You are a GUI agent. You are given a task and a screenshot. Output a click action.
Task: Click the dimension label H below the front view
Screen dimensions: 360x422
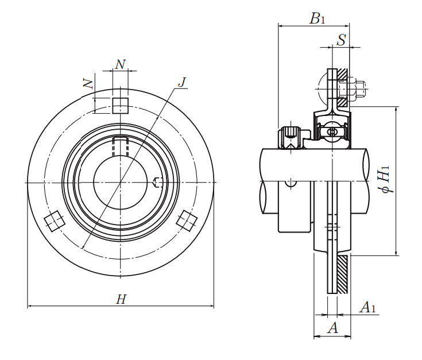pyautogui.click(x=121, y=299)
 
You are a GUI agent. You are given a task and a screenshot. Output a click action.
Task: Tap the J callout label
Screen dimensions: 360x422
pyautogui.click(x=182, y=82)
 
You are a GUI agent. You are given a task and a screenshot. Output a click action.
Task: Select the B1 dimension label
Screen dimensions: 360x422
pyautogui.click(x=318, y=18)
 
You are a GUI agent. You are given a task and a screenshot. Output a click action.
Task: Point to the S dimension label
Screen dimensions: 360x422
pyautogui.click(x=341, y=40)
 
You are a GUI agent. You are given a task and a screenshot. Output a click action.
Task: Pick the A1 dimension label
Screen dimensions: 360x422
pyautogui.click(x=367, y=308)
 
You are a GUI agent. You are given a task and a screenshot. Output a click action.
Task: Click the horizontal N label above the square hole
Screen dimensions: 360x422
pyautogui.click(x=120, y=64)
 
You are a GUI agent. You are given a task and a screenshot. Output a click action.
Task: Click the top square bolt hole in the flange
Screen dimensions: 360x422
pyautogui.click(x=120, y=106)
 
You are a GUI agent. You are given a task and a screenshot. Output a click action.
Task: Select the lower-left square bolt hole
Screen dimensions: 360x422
pyautogui.click(x=55, y=221)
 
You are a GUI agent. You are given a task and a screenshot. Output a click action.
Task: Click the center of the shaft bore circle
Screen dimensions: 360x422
pyautogui.click(x=121, y=183)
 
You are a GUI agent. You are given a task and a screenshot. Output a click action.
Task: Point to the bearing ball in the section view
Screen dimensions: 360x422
pyautogui.click(x=332, y=133)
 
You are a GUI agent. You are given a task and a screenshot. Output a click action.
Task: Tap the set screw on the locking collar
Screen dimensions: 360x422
pyautogui.click(x=291, y=137)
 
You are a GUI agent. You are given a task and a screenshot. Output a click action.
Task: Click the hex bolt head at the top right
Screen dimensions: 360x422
pyautogui.click(x=360, y=89)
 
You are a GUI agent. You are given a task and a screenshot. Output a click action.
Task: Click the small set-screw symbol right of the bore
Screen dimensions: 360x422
pyautogui.click(x=158, y=183)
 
